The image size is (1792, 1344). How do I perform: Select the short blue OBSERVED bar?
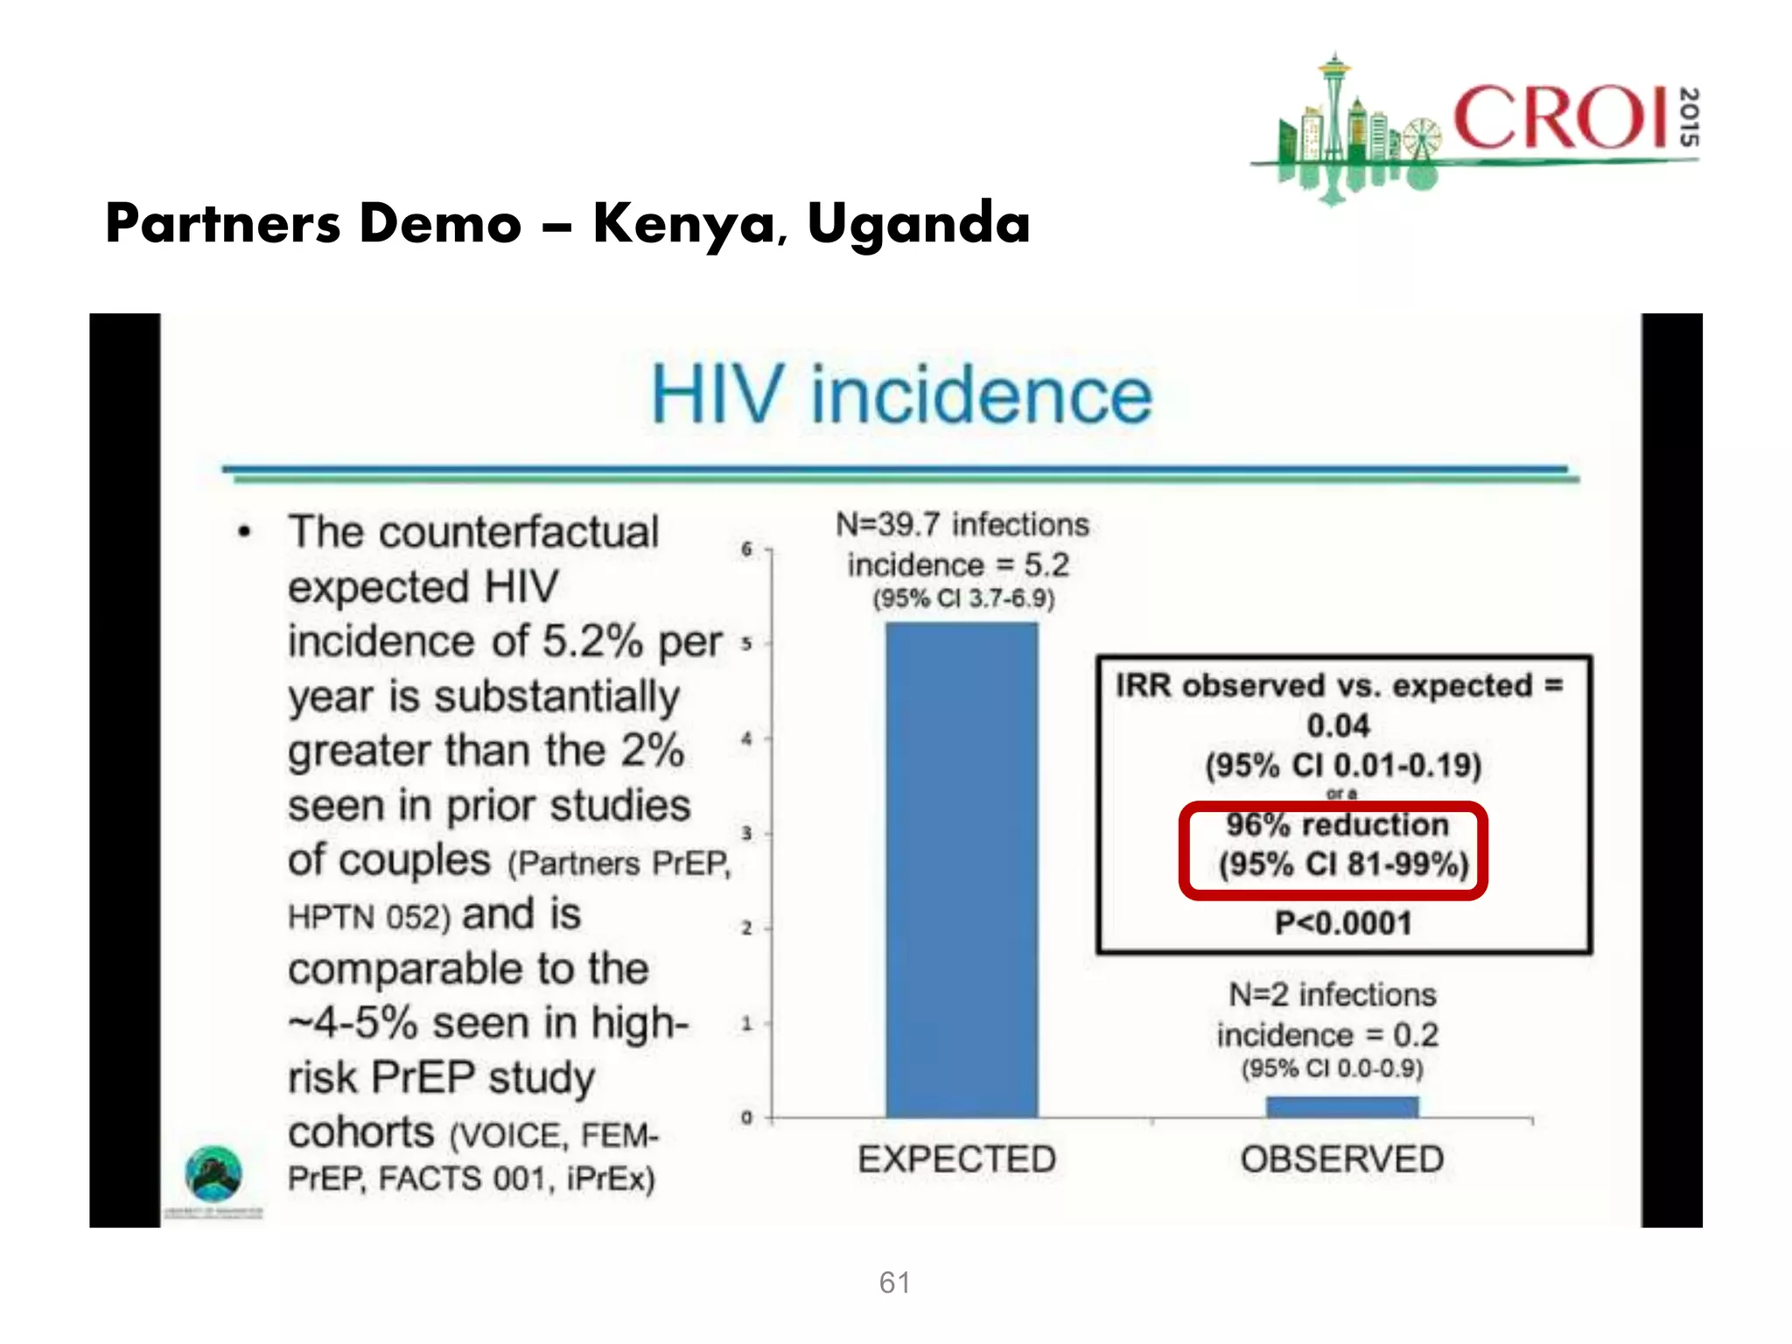1342,1107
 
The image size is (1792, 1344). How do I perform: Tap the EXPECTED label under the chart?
956,1159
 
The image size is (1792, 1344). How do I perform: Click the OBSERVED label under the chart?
1341,1159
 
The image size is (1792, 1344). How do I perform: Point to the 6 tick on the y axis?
746,549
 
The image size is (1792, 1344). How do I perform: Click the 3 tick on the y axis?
746,833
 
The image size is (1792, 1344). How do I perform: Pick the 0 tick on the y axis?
746,1117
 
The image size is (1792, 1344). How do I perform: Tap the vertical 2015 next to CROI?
1690,117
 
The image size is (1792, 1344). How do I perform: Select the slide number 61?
895,1283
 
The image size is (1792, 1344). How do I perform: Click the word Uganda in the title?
919,224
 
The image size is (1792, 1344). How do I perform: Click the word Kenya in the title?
683,224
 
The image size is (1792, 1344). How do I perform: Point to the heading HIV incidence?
901,395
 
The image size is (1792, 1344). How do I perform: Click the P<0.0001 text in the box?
1343,923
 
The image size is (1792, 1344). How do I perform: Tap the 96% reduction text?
1337,824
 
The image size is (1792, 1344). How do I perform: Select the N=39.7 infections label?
962,524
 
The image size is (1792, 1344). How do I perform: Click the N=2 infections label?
1332,995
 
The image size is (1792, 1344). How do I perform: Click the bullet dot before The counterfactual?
245,532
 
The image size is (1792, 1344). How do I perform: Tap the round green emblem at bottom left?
213,1173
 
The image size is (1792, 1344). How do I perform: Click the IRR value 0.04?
1338,725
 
